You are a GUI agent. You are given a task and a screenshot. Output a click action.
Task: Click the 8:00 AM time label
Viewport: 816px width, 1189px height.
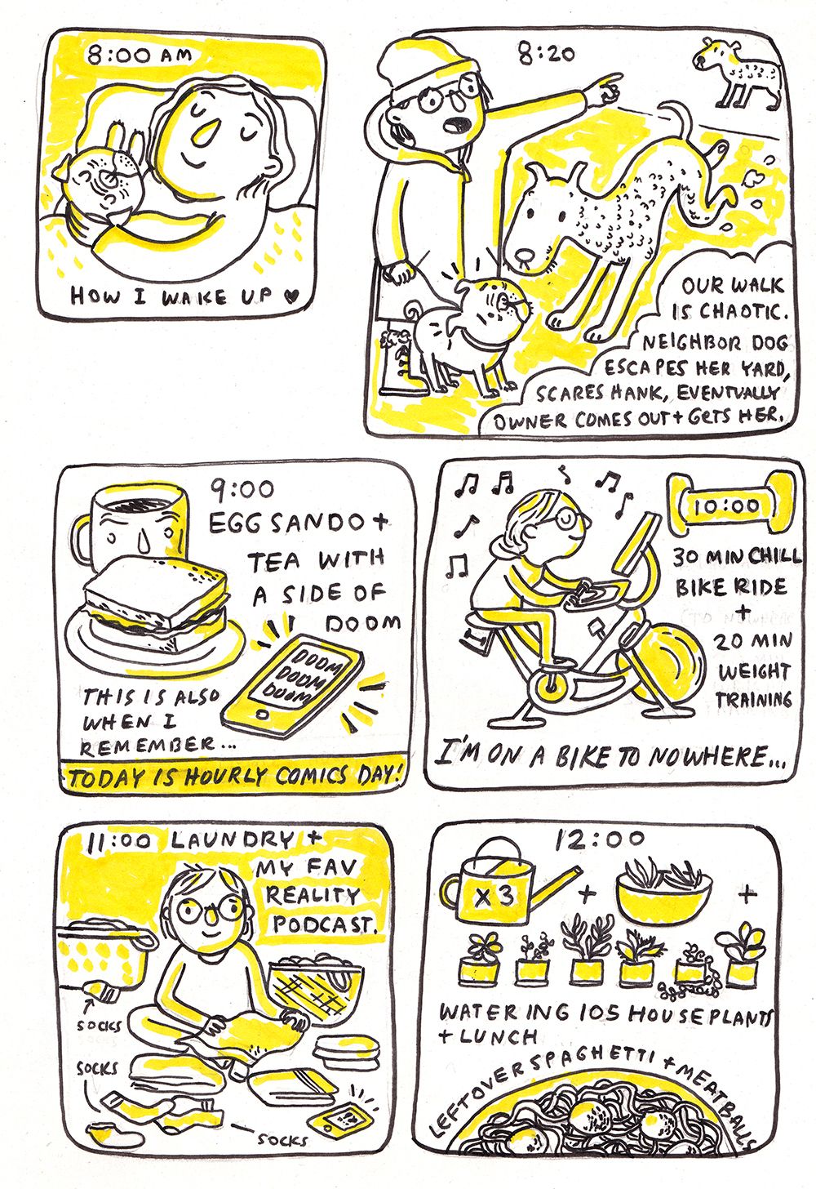[139, 56]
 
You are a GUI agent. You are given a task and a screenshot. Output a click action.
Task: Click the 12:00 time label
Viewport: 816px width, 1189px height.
[599, 839]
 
